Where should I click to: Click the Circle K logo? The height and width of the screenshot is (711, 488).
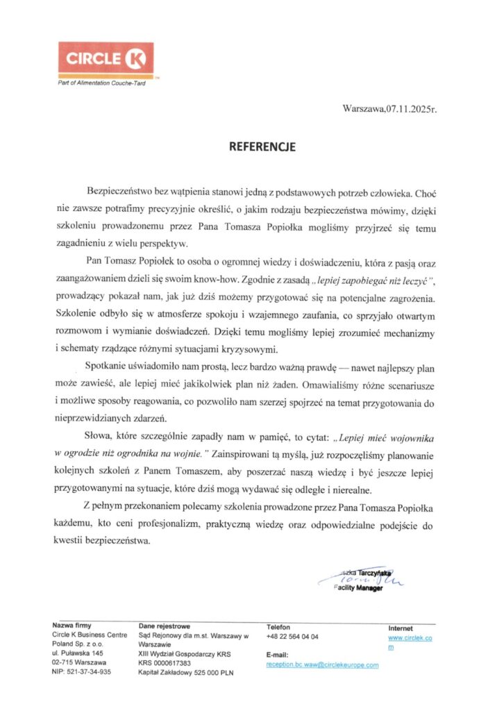coord(106,60)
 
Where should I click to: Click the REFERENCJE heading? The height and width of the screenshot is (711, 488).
coord(263,147)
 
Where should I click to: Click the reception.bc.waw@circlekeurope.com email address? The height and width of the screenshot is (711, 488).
coord(322,665)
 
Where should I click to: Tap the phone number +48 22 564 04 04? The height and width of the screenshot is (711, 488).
coord(292,637)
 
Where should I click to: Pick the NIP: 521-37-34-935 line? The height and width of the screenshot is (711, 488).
coord(81,672)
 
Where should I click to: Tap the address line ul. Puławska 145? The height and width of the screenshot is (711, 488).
coord(78,654)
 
